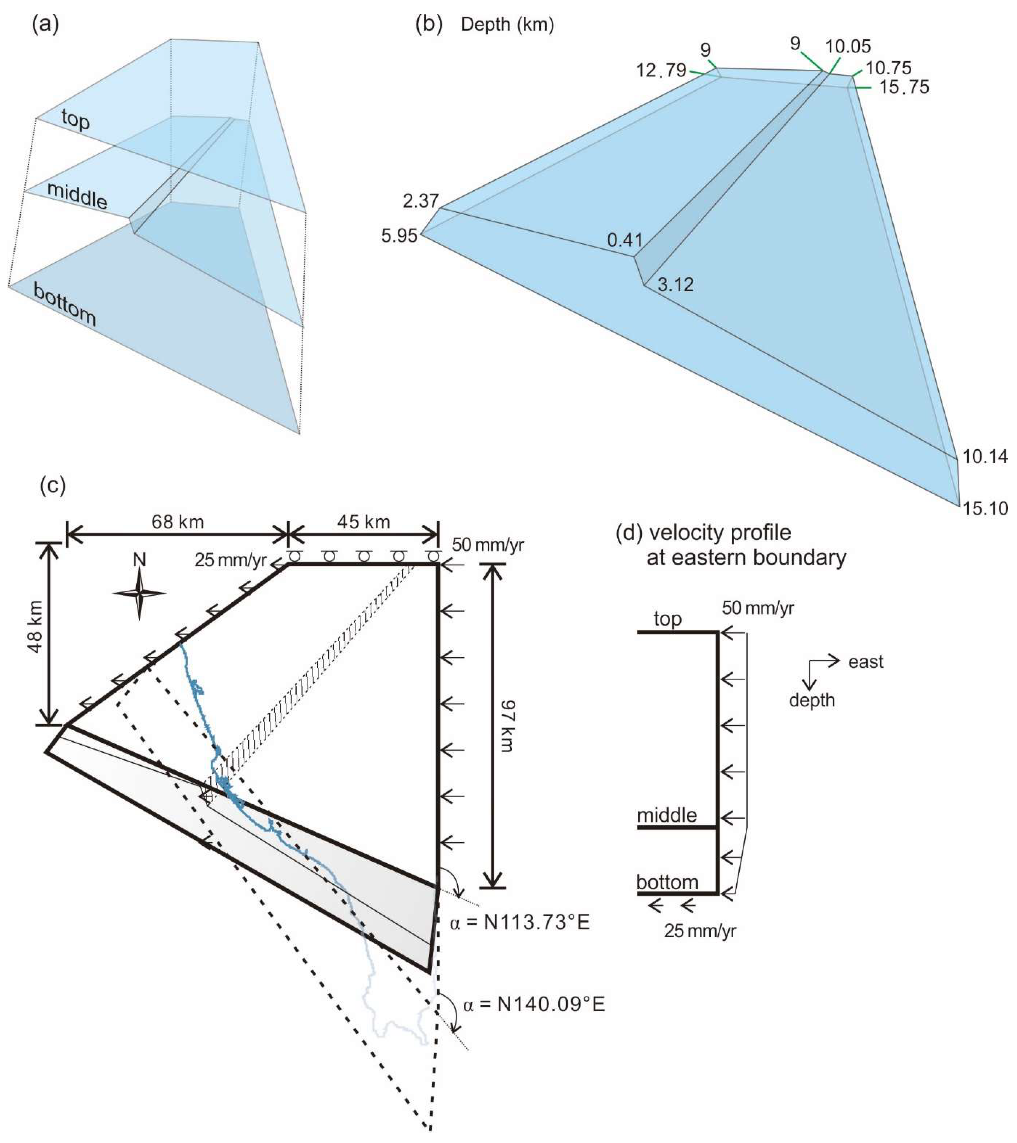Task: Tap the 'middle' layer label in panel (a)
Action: [77, 196]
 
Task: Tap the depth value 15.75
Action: [904, 87]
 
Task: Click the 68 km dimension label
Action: [177, 522]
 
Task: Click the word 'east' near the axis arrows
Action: [865, 662]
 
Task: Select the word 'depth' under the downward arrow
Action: [812, 700]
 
